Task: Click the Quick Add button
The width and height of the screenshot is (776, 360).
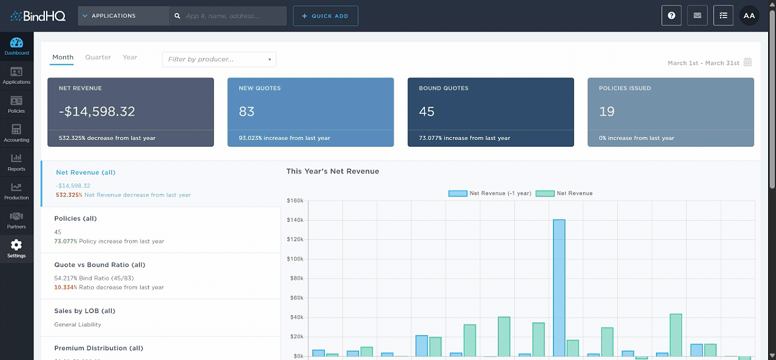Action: (x=325, y=16)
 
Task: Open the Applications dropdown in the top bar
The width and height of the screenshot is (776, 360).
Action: (x=123, y=16)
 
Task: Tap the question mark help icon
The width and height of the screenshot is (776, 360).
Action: (x=671, y=16)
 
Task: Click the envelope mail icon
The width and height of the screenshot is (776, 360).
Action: (x=697, y=16)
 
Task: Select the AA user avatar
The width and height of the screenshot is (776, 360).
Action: (x=749, y=16)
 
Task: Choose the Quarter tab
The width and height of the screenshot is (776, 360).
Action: (x=98, y=58)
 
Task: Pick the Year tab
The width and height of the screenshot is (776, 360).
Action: (x=130, y=58)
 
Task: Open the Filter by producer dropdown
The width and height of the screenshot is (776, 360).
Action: (x=219, y=59)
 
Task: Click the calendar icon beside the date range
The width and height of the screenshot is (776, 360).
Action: (x=748, y=62)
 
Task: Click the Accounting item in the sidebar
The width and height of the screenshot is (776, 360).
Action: (x=16, y=133)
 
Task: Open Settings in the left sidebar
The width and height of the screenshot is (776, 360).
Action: (x=16, y=248)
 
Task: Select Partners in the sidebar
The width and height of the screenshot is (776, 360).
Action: (x=16, y=220)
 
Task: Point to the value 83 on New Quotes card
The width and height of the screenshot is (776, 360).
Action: (x=247, y=112)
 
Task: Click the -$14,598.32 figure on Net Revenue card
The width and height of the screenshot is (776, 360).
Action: (x=97, y=112)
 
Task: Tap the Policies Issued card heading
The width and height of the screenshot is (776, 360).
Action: (x=624, y=88)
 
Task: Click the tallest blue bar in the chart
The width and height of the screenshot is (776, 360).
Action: (x=558, y=288)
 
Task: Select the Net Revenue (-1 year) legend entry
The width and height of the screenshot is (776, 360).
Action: (x=490, y=193)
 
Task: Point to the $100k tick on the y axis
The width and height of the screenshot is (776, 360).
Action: (x=295, y=259)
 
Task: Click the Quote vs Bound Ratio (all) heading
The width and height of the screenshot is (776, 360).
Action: (x=100, y=265)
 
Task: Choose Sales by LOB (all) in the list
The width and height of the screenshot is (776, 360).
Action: (x=84, y=311)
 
